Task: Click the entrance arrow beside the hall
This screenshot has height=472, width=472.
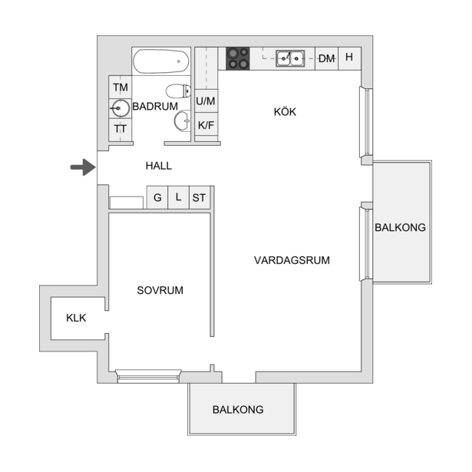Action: pos(83,167)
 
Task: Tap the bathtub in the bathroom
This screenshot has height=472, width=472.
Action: pos(161,61)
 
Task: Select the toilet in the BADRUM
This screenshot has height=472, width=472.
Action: pos(178,91)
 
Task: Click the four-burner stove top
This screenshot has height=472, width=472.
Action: pos(238,58)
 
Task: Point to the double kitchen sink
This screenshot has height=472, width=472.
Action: pos(290,58)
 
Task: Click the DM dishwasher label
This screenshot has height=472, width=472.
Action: pos(327,58)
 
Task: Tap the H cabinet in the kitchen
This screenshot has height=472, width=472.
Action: pos(349,58)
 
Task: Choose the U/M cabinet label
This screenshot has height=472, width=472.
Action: pos(206,101)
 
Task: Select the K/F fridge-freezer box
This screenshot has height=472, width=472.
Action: pos(206,124)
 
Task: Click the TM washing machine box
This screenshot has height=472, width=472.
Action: pos(120,87)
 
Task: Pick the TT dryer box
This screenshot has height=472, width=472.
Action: pos(120,130)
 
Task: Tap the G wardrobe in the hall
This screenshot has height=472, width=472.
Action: pos(157,197)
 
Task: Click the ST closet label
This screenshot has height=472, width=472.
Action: pos(199,198)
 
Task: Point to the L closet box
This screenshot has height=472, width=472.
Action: pos(178,197)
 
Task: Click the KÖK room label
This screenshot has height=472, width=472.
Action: pos(285,112)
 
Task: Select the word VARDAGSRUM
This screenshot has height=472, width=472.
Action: pos(292,260)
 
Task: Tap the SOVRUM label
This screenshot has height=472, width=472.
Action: pos(160,290)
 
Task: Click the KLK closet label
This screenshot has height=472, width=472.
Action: pos(76,318)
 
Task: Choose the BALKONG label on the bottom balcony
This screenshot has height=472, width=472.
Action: pos(238,409)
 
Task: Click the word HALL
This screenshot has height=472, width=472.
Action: pos(159,166)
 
